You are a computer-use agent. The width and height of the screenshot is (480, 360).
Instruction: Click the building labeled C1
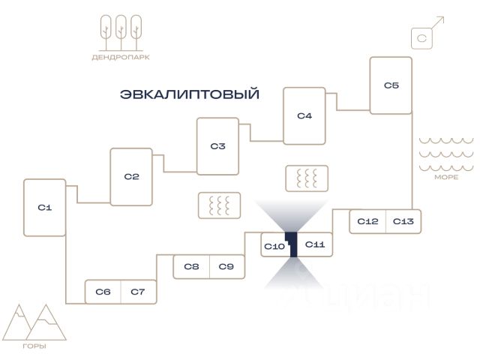point(45,208)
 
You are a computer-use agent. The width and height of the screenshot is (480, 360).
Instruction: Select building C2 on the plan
point(131,177)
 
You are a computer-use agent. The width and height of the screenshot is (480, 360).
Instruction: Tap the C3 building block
point(217,146)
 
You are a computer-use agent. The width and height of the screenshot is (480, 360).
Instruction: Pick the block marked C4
point(304,115)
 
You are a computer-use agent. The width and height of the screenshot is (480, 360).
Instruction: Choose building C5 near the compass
point(391,85)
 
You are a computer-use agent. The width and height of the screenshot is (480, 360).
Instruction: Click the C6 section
point(103,292)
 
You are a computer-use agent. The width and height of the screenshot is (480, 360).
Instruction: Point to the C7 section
point(139,292)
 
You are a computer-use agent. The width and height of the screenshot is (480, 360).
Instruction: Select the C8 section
point(191,267)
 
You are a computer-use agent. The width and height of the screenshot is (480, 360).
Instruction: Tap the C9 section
point(227,267)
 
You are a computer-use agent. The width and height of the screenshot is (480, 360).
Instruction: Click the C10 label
point(274,247)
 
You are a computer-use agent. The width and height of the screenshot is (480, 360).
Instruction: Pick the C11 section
point(315,244)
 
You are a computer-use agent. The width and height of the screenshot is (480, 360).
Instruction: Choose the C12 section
point(367,221)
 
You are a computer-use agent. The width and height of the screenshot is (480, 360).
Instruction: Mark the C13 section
point(403,221)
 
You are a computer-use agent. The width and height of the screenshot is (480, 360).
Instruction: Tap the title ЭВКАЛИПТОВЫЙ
point(190,94)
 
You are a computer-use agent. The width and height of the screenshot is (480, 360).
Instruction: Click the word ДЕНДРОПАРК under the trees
point(121,57)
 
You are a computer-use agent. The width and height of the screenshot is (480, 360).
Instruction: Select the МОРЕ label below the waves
point(446,177)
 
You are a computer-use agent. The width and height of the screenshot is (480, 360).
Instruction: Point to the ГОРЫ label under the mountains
point(34,346)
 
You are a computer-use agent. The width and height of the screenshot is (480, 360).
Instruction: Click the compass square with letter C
point(421,38)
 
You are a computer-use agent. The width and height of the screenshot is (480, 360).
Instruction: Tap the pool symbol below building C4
point(307,178)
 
